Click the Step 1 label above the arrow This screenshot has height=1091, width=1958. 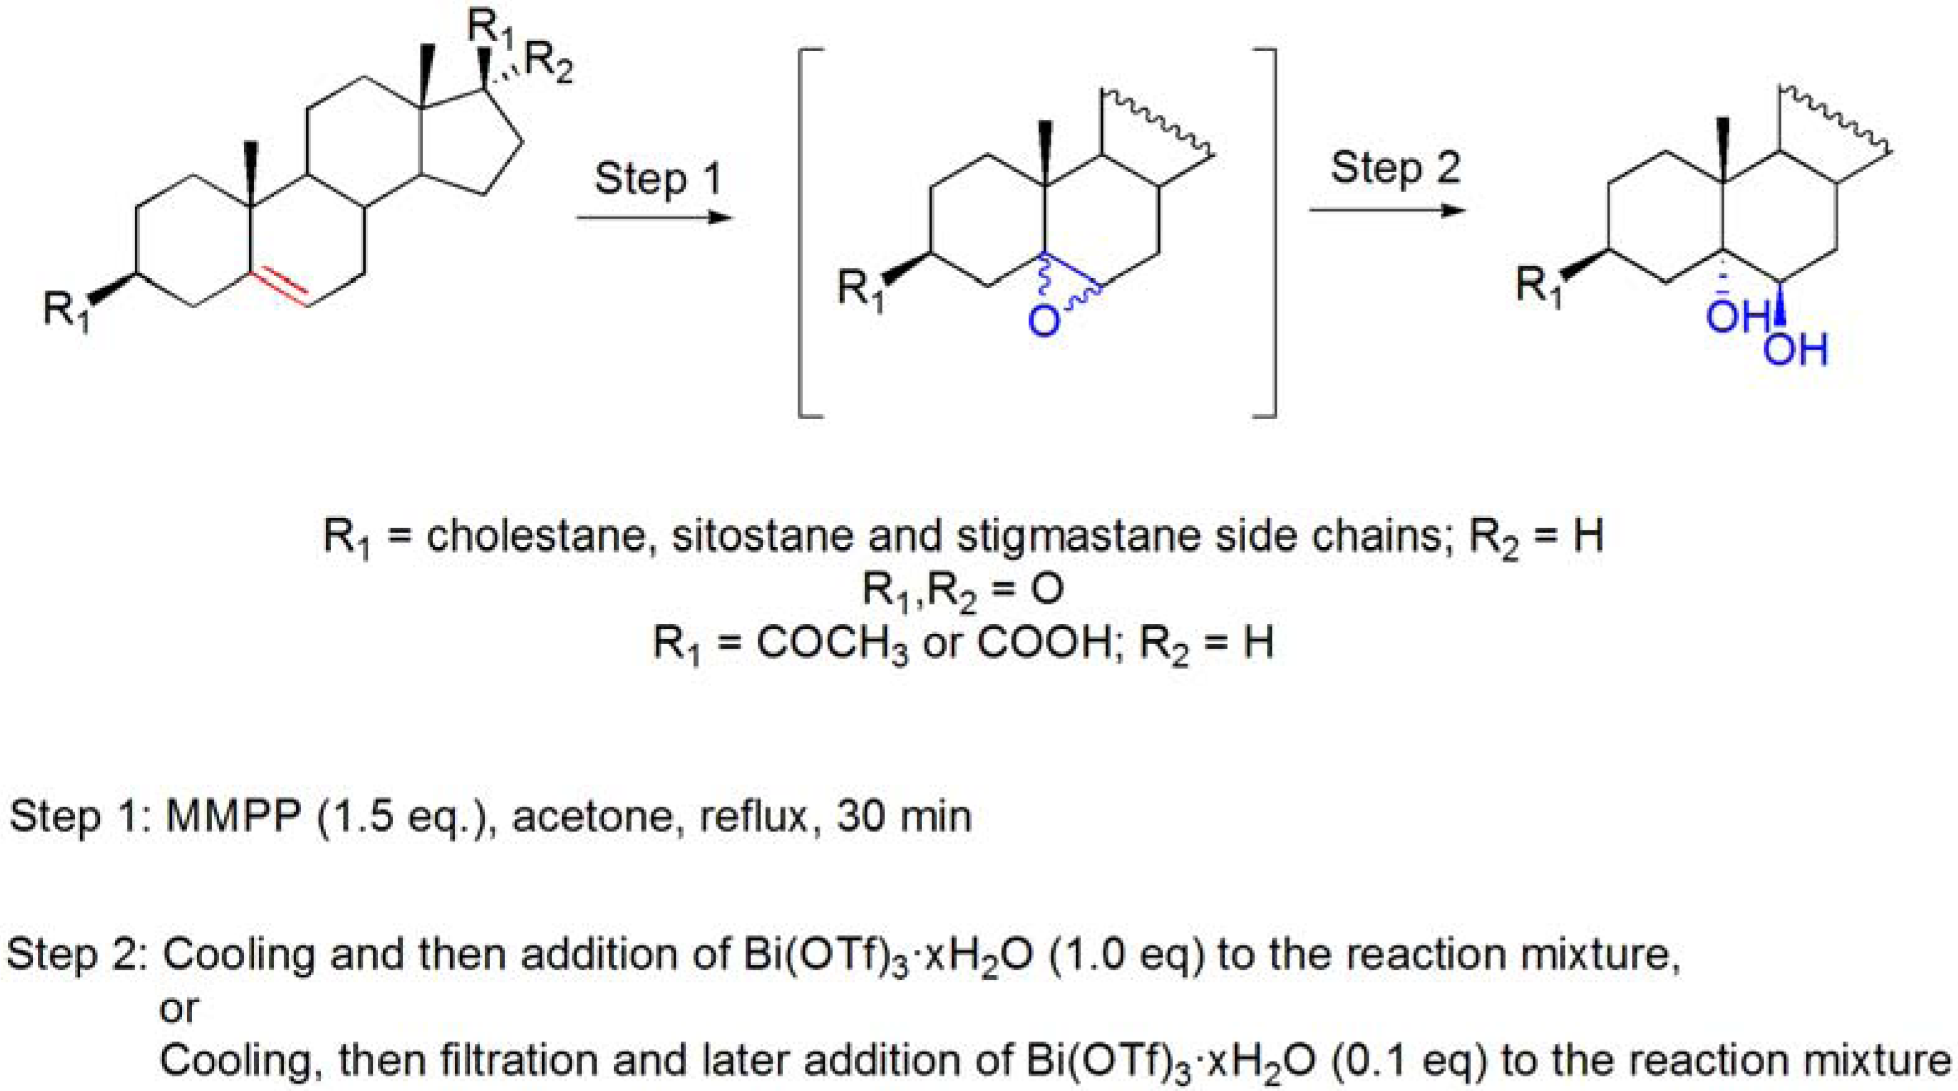click(x=657, y=179)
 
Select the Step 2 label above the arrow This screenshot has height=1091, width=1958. click(x=1395, y=168)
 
